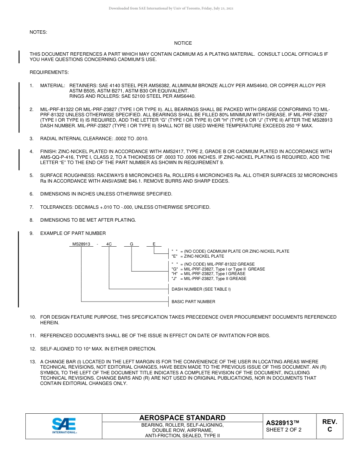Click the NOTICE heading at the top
click(x=183, y=43)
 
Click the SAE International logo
click(x=64, y=426)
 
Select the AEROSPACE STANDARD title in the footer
click(x=182, y=418)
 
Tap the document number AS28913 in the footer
click(x=280, y=423)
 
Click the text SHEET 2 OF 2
click(x=284, y=430)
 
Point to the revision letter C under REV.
click(x=330, y=430)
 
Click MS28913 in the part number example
click(x=81, y=244)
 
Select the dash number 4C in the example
click(x=109, y=244)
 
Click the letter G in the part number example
click(x=131, y=244)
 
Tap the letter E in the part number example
click(x=154, y=244)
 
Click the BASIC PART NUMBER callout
click(x=193, y=302)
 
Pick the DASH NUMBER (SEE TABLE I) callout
click(x=201, y=289)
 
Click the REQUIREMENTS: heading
click(x=49, y=72)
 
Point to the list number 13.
click(x=33, y=362)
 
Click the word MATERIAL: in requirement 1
click(x=53, y=86)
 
